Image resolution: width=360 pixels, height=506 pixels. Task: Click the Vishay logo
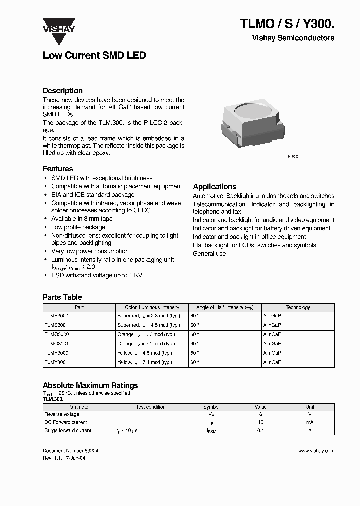pos(59,25)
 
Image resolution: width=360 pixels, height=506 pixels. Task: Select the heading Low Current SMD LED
pos(94,55)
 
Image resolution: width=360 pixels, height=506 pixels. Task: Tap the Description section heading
pos(63,90)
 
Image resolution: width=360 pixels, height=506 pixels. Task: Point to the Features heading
pos(58,169)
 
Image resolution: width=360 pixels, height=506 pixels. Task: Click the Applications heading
pos(215,186)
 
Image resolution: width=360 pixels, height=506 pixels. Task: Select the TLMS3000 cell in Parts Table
pos(57,316)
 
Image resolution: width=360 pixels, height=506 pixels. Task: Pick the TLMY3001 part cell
pos(57,362)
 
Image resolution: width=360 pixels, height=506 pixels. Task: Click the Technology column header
pos(298,307)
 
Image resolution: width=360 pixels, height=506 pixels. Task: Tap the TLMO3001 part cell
pos(57,344)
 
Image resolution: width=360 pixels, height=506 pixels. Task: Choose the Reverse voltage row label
pos(62,414)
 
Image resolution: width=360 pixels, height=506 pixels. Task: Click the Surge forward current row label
pos(68,430)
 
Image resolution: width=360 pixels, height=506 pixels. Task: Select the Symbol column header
pos(211,407)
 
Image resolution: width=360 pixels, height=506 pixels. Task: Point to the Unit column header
pos(310,407)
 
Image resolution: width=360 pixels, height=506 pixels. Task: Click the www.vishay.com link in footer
pos(316,450)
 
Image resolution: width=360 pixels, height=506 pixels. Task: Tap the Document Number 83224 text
pos(71,450)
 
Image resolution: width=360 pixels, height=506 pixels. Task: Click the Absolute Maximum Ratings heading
pos(90,385)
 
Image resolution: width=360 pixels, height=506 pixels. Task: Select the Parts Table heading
pos(62,297)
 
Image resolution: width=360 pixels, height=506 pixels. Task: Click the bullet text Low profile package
pos(78,227)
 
